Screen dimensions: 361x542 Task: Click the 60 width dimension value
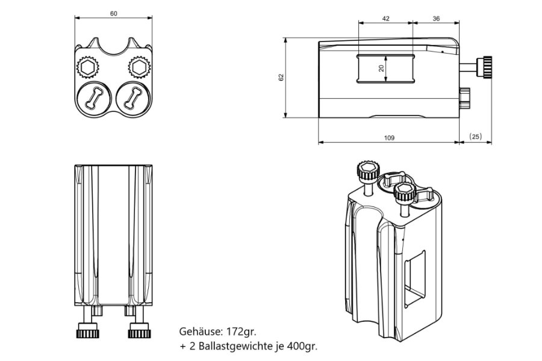coord(114,12)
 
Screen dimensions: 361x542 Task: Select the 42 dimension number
coord(385,19)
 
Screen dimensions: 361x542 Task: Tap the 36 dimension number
coord(436,19)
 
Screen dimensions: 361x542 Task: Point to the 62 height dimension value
coord(281,78)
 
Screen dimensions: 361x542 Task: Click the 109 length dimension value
coord(388,138)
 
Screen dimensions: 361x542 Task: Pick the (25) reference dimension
coord(475,137)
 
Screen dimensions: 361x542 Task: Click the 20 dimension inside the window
coord(381,68)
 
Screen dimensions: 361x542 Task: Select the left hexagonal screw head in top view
coord(88,66)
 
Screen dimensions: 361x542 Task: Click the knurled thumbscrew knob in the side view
coord(485,66)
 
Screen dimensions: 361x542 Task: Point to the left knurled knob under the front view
coord(87,330)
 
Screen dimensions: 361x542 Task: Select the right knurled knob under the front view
coord(138,330)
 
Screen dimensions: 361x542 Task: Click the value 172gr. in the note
coord(243,332)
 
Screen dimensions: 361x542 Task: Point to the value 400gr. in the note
coord(300,347)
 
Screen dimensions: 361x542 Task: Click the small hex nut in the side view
coord(464,96)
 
